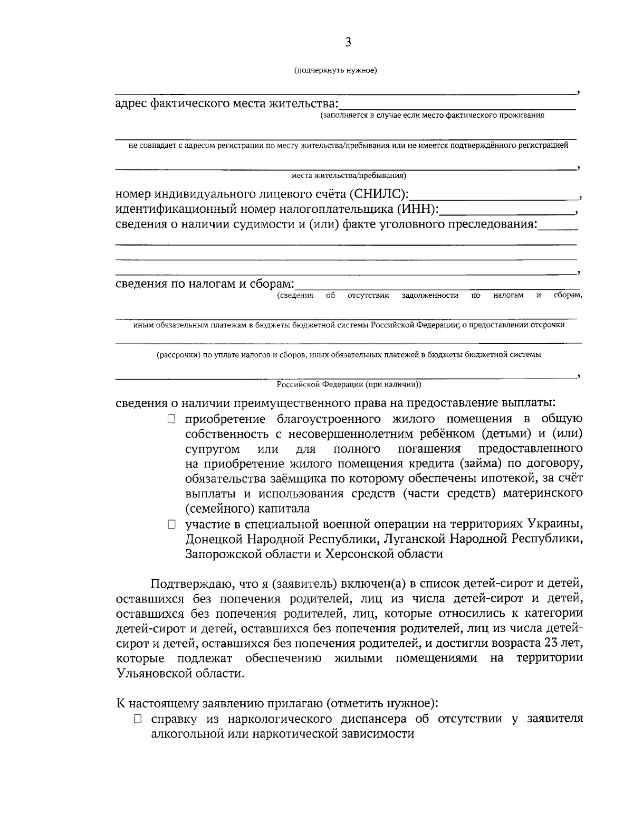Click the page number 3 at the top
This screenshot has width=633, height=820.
pyautogui.click(x=348, y=43)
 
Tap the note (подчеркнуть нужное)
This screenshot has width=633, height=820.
pyautogui.click(x=335, y=70)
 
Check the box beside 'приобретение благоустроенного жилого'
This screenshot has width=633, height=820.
pyautogui.click(x=171, y=419)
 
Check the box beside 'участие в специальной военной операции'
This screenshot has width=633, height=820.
pyautogui.click(x=171, y=525)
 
